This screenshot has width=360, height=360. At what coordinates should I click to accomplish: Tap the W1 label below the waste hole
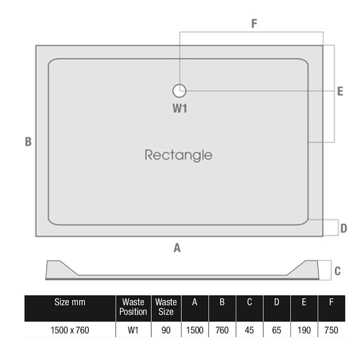(x=180, y=108)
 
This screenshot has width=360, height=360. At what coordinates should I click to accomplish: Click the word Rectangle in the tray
(x=178, y=155)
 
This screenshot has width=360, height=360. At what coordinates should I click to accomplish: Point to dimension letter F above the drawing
(x=254, y=23)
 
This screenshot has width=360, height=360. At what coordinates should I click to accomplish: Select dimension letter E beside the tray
(x=340, y=91)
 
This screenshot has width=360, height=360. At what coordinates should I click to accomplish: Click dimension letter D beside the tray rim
(x=343, y=228)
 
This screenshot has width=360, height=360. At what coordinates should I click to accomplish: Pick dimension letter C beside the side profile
(x=337, y=271)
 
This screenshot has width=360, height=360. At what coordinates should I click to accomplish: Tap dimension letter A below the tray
(x=177, y=248)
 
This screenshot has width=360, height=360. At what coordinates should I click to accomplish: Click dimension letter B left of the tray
(x=28, y=141)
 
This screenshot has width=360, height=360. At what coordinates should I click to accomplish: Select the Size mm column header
(x=70, y=302)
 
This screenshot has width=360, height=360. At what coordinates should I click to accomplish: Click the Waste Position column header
(x=133, y=307)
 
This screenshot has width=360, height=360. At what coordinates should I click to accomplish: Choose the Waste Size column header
(x=166, y=307)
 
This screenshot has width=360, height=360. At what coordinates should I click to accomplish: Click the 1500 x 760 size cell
(x=70, y=330)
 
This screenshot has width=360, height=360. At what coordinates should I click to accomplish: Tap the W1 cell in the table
(x=133, y=330)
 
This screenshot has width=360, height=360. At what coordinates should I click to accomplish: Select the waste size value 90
(x=166, y=330)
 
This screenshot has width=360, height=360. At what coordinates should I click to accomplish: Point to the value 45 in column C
(x=249, y=330)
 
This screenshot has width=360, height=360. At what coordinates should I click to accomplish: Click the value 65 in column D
(x=276, y=330)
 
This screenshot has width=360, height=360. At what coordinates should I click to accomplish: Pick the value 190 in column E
(x=304, y=330)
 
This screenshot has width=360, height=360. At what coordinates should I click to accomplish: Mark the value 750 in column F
(x=331, y=330)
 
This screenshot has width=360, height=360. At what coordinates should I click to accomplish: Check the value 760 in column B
(x=222, y=330)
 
